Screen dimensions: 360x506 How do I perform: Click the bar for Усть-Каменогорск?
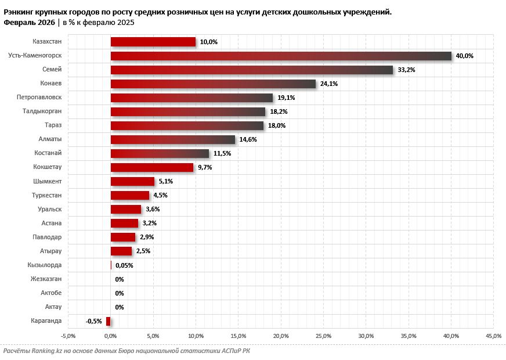pyautogui.click(x=281, y=56)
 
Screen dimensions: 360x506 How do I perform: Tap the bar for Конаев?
pyautogui.click(x=213, y=84)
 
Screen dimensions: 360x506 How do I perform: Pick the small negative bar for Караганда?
pyautogui.click(x=109, y=321)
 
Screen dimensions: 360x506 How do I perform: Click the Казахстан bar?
pyautogui.click(x=153, y=42)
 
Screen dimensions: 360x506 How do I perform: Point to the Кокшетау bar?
pyautogui.click(x=152, y=167)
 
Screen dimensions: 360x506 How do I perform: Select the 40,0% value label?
pyautogui.click(x=465, y=56)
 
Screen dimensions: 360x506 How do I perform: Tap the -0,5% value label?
pyautogui.click(x=93, y=321)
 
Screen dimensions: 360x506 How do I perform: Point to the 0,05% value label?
pyautogui.click(x=124, y=265)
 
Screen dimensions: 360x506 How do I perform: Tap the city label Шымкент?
pyautogui.click(x=48, y=181)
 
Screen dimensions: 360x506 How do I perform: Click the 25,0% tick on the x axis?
pyautogui.click(x=323, y=336)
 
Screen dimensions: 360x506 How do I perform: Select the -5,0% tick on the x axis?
pyautogui.click(x=68, y=336)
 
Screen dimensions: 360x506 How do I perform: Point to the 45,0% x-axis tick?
pyautogui.click(x=493, y=336)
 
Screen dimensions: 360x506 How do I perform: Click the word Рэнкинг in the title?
pyautogui.click(x=21, y=12)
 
